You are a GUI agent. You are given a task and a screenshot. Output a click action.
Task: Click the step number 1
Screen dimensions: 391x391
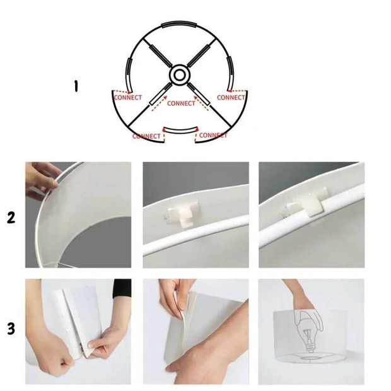click(x=76, y=86)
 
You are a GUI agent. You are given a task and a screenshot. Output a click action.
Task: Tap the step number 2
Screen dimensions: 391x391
click(x=11, y=218)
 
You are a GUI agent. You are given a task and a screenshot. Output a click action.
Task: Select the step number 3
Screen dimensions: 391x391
click(x=11, y=329)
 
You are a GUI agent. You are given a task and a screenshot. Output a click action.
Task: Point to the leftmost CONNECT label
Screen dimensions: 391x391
click(x=127, y=98)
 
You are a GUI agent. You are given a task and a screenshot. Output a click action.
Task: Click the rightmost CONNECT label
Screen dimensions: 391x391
click(x=231, y=98)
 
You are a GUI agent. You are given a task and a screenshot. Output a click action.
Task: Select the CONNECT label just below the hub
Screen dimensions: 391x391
click(x=182, y=103)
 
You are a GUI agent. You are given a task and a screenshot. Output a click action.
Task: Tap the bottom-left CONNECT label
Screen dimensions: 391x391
click(x=147, y=136)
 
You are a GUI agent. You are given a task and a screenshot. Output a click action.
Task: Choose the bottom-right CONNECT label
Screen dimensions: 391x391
click(x=213, y=135)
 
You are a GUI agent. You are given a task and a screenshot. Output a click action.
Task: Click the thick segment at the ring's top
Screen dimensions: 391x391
click(x=179, y=23)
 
